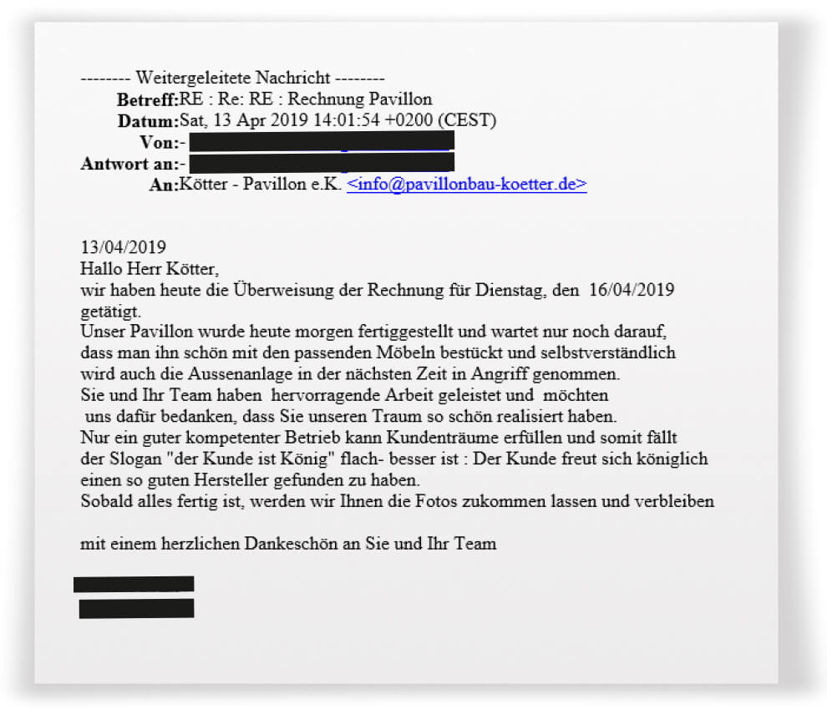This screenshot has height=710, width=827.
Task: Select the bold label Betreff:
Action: click(x=148, y=100)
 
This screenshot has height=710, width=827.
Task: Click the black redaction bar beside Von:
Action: click(x=322, y=141)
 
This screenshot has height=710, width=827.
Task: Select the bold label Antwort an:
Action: click(x=129, y=163)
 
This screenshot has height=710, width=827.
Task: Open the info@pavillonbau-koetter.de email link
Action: click(x=466, y=185)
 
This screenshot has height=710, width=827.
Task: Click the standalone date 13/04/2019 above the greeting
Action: click(x=123, y=247)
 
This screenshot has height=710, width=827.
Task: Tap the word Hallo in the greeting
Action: click(x=101, y=269)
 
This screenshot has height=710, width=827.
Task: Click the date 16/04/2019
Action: click(x=632, y=291)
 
